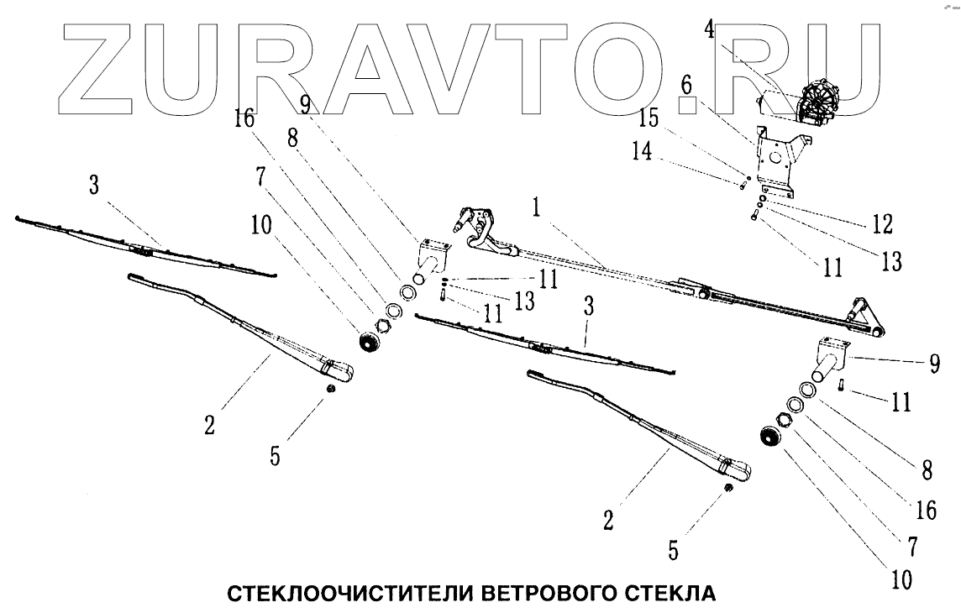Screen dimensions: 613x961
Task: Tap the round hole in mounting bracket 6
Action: click(x=775, y=155)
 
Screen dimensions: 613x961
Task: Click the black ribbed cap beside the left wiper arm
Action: click(x=369, y=341)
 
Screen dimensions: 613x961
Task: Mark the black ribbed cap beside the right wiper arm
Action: click(x=770, y=437)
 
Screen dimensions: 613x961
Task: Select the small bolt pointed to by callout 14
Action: click(x=743, y=184)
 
